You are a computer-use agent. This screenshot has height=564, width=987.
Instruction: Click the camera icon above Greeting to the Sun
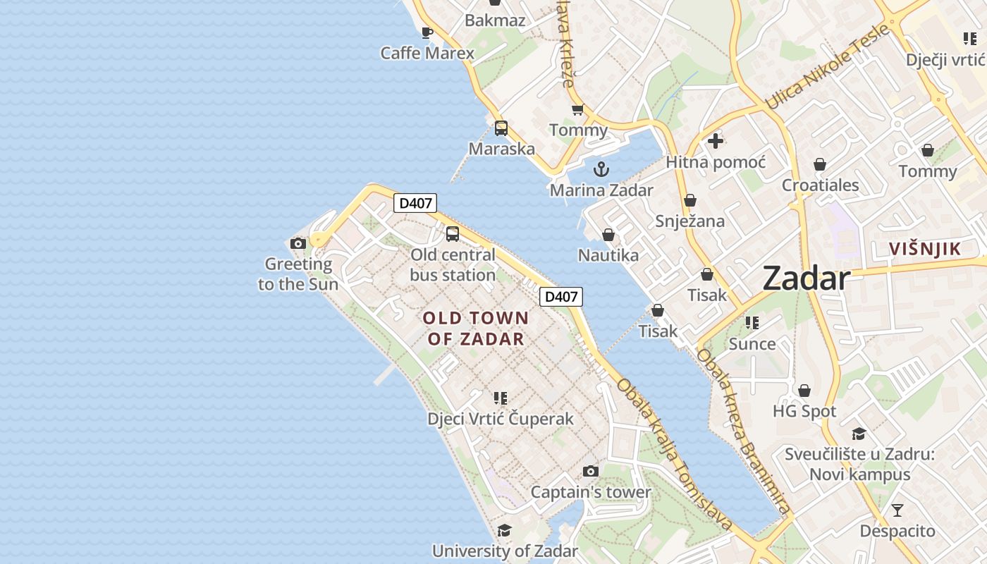tap(298, 244)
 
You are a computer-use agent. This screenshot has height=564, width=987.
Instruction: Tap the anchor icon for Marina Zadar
tap(601, 169)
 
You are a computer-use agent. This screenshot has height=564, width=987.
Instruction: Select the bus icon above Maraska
tap(501, 128)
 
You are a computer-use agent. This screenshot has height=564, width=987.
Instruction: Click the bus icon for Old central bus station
tap(453, 234)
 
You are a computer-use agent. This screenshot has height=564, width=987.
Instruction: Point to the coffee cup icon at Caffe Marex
tap(427, 32)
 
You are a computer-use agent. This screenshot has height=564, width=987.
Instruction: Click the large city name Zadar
tap(807, 278)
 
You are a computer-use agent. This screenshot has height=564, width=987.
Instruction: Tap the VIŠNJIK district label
tap(925, 249)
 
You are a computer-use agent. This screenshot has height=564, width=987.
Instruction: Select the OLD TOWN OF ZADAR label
tap(476, 329)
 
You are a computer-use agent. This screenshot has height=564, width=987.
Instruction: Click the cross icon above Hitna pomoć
tap(716, 141)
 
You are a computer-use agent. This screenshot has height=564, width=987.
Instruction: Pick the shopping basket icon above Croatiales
tap(820, 165)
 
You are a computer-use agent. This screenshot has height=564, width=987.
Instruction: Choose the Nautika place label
tap(608, 255)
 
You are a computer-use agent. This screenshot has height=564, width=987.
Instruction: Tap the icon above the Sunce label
tap(752, 323)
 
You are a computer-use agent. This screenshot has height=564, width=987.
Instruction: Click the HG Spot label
tap(804, 411)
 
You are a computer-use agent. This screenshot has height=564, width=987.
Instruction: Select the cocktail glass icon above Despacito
tap(897, 510)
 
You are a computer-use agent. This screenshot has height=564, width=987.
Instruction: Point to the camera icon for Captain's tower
tap(591, 471)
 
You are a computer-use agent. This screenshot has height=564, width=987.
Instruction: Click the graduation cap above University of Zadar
tap(504, 530)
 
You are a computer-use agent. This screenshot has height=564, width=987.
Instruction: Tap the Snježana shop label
tap(690, 221)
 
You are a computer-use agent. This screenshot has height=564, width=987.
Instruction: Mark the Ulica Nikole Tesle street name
tap(828, 67)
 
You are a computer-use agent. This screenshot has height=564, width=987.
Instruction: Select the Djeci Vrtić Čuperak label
tap(501, 419)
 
